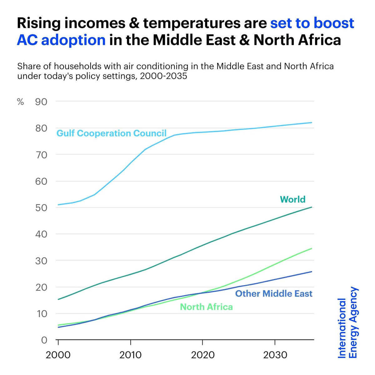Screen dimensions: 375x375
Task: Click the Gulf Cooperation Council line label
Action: pos(111,133)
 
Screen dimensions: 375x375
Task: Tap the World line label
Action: pos(292,199)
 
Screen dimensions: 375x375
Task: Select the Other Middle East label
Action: pos(274,294)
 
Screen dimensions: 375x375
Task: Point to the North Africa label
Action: pos(206,307)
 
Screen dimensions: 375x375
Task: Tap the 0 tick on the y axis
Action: pos(44,340)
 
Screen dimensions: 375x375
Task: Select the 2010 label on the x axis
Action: pos(131,355)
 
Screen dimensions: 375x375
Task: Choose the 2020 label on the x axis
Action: pos(203,355)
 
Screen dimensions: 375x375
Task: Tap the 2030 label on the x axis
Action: pos(275,355)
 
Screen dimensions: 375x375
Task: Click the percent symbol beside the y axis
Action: pos(20,102)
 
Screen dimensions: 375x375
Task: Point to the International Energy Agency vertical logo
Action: pos(348,323)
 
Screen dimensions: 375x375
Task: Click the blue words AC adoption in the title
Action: pos(61,40)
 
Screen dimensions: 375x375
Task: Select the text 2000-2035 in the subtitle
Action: pos(163,76)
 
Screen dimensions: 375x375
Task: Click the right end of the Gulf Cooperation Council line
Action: pos(311,122)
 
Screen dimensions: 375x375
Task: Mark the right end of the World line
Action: pos(311,207)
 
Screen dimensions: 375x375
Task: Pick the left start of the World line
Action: pos(58,299)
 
